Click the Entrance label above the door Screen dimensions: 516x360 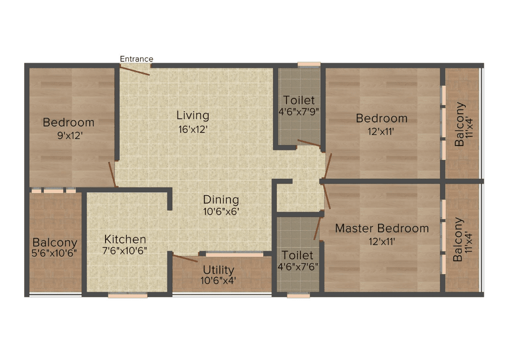point(136,59)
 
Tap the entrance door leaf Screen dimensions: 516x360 point(135,70)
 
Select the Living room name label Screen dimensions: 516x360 point(193,115)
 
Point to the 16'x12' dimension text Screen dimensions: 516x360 point(193,130)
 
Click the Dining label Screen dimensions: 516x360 point(221,200)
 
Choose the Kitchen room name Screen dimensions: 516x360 point(125,239)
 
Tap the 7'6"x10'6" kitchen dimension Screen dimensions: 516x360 point(125,251)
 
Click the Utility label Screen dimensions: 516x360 point(218,270)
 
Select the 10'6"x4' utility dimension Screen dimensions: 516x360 point(218,281)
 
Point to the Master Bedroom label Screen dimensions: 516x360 point(382,228)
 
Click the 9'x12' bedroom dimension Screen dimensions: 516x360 point(70,135)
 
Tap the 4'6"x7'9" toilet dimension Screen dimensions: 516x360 point(299,112)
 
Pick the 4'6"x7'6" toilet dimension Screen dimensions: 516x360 point(298,267)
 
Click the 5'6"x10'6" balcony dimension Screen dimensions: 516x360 point(54,253)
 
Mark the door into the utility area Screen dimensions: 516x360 point(185,258)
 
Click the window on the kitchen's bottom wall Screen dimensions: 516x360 point(128,296)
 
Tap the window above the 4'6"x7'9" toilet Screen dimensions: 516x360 point(309,65)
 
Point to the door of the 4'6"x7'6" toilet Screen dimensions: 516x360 point(316,228)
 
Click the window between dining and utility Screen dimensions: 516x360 point(235,254)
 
